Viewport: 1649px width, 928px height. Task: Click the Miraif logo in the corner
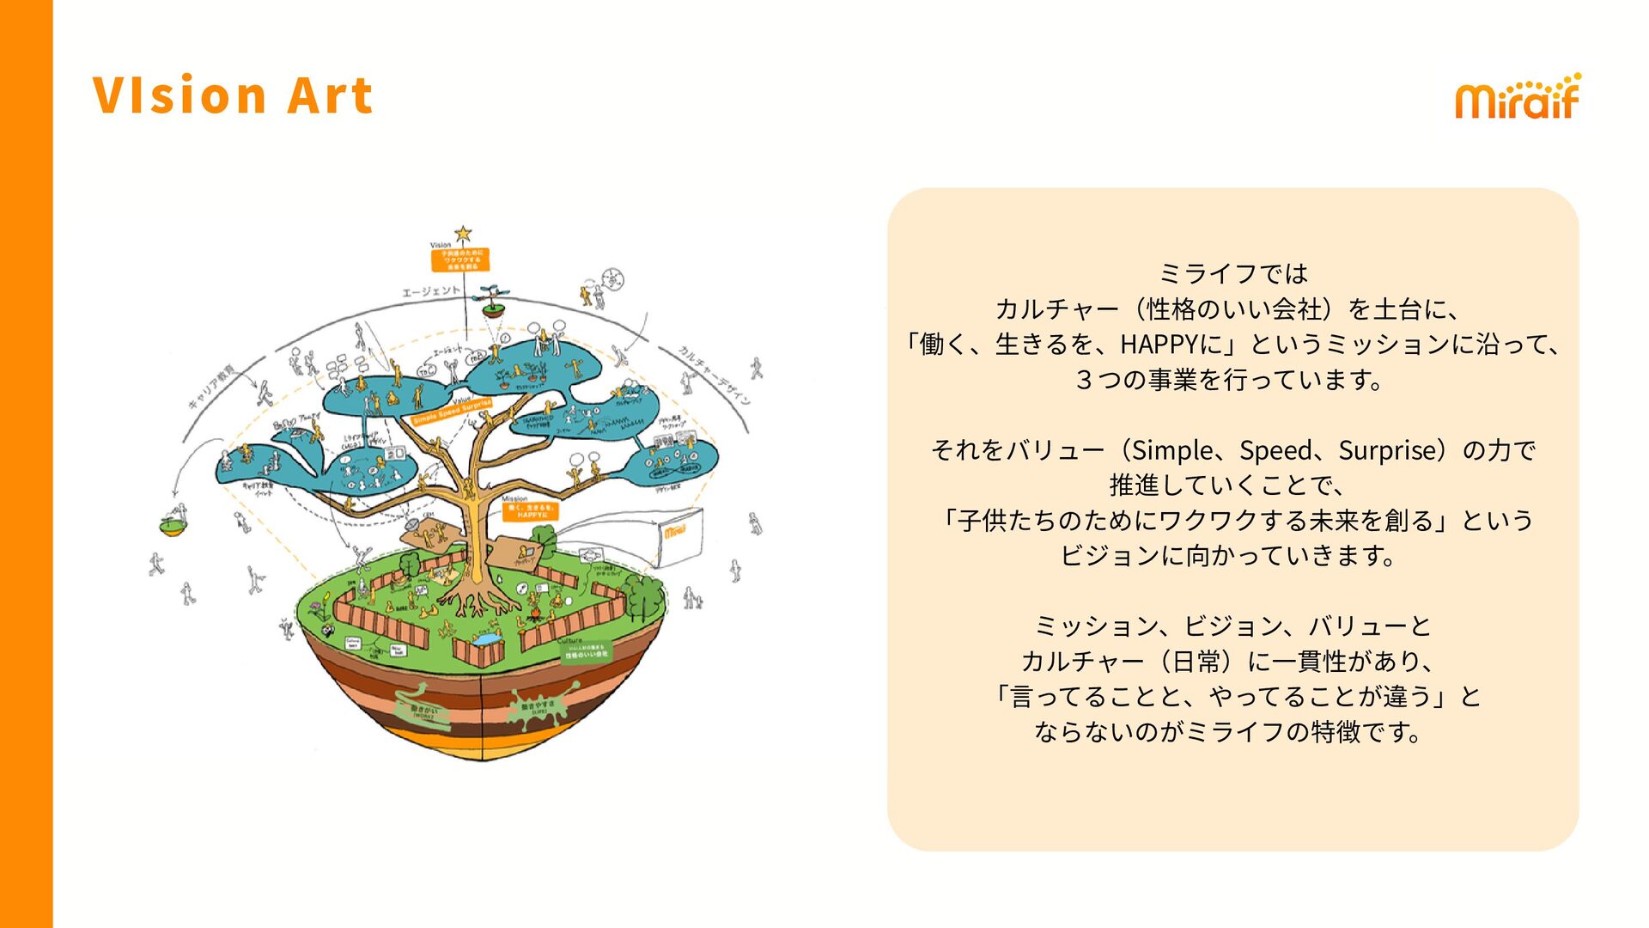1517,96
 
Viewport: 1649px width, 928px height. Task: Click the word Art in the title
330,95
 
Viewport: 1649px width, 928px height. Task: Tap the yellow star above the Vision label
463,233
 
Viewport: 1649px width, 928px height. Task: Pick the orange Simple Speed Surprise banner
452,412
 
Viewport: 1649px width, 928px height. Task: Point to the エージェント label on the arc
431,292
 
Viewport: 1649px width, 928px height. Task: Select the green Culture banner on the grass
586,651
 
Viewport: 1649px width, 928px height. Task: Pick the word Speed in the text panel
1275,450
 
